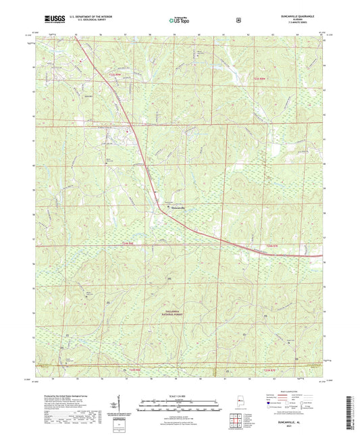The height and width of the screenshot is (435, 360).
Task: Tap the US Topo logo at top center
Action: tap(179, 21)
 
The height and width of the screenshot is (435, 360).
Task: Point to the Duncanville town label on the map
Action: tap(173, 207)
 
